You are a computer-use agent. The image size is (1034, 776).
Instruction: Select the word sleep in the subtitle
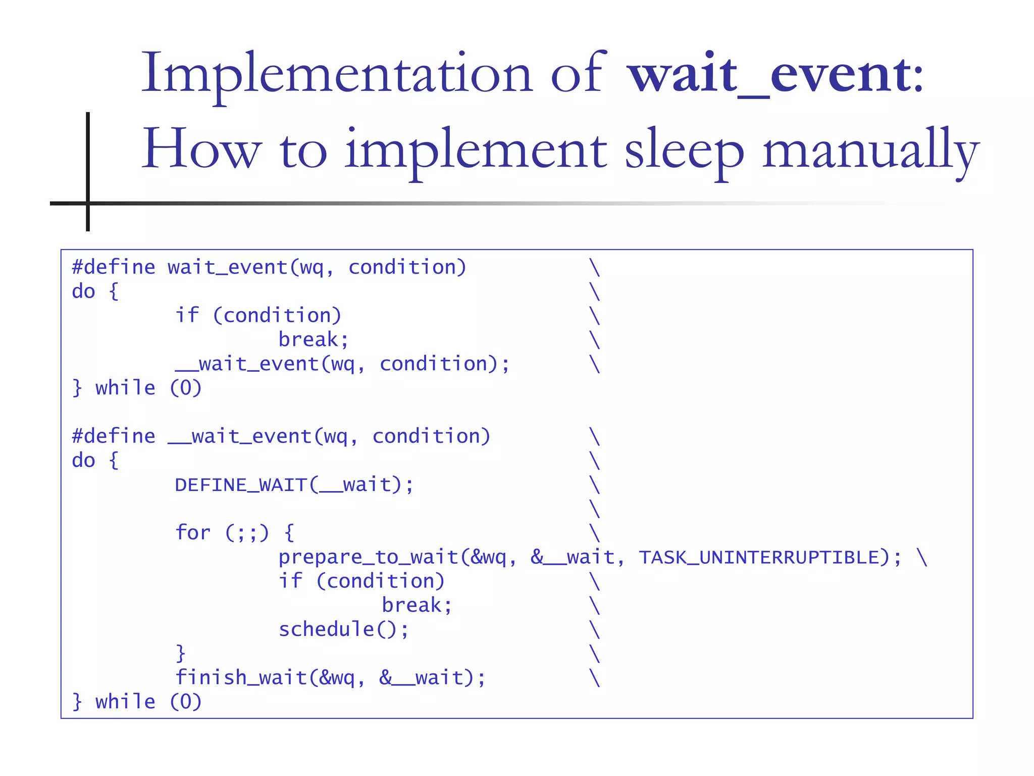pyautogui.click(x=684, y=151)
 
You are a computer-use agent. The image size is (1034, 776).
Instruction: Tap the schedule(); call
pyautogui.click(x=343, y=629)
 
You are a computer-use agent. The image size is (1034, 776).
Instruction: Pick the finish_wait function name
pyautogui.click(x=241, y=677)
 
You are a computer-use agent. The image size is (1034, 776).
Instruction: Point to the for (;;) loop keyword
pyautogui.click(x=192, y=533)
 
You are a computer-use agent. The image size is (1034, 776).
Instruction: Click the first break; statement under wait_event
pyautogui.click(x=313, y=339)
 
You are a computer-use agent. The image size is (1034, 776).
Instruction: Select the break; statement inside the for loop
pyautogui.click(x=417, y=605)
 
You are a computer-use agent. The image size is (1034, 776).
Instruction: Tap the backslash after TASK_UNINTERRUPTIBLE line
pyautogui.click(x=922, y=557)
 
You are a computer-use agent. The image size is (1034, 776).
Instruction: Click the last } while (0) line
pyautogui.click(x=137, y=702)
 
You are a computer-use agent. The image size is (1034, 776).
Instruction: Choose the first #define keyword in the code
pyautogui.click(x=114, y=267)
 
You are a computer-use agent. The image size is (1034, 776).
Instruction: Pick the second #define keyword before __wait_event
pyautogui.click(x=114, y=436)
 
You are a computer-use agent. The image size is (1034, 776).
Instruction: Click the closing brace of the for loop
pyautogui.click(x=180, y=653)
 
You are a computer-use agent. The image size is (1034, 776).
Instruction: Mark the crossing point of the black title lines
pyautogui.click(x=88, y=203)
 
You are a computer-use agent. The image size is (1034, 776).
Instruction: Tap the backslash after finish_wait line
pyautogui.click(x=595, y=677)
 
